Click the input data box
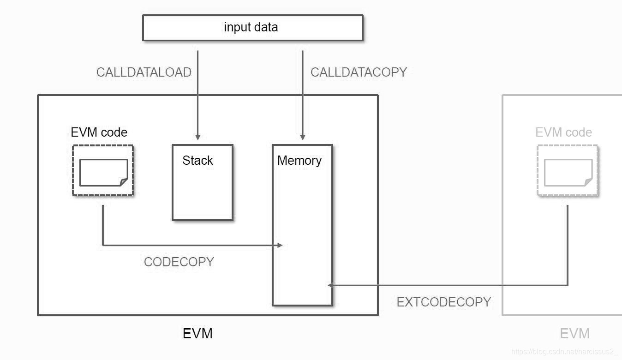pos(253,28)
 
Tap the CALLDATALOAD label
pos(144,72)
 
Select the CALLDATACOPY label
pos(359,72)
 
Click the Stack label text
pos(197,160)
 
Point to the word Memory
pos(299,161)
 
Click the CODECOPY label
pos(179,262)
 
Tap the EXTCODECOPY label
pos(444,302)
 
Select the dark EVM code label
pos(99,132)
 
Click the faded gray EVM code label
pos(563,132)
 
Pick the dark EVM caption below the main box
pos(197,333)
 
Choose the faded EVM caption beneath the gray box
pos(575,333)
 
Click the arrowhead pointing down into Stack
pos(197,137)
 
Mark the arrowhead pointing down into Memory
pos(303,137)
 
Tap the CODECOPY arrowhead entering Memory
pos(280,245)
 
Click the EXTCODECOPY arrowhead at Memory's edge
pos(330,285)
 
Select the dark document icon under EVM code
pos(103,173)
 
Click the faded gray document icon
pos(568,173)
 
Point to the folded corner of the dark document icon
pos(124,182)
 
